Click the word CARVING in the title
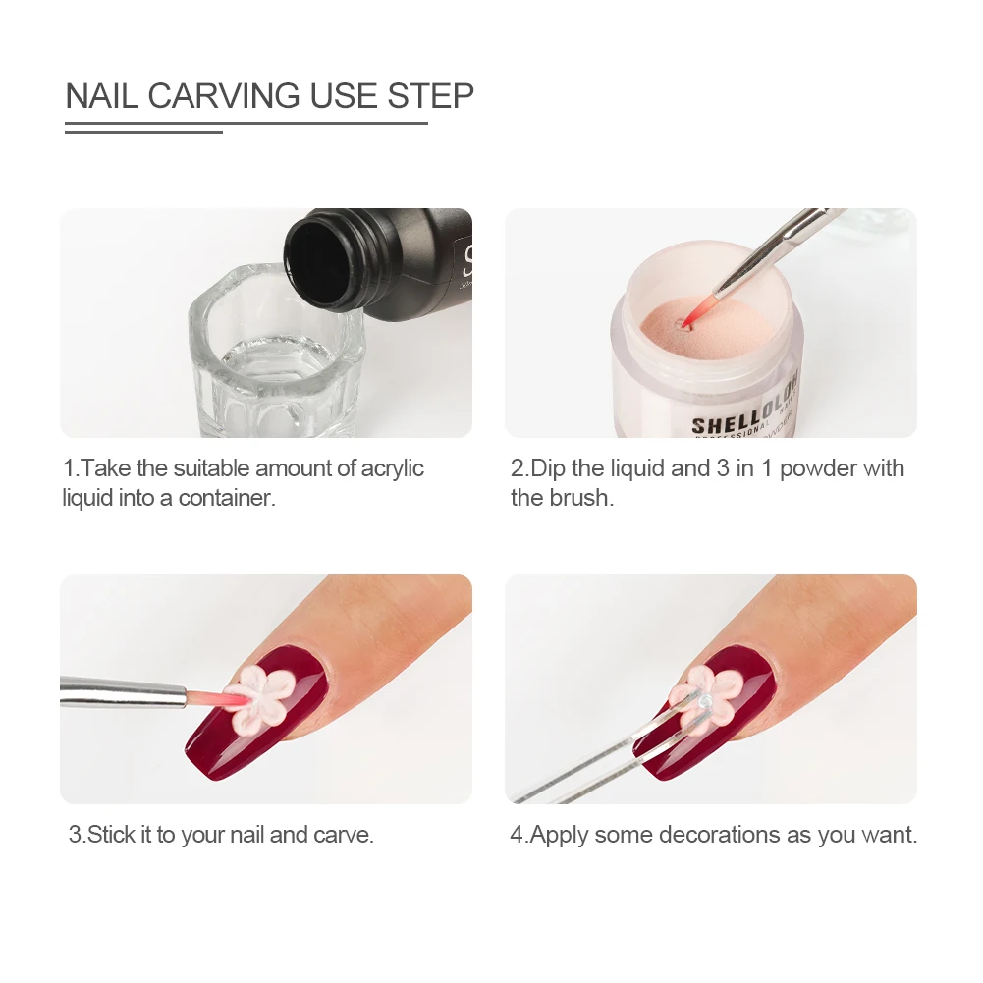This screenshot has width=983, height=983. (x=225, y=96)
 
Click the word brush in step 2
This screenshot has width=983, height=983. (x=579, y=498)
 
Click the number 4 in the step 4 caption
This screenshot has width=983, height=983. (x=516, y=836)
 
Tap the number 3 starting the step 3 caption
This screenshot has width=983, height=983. (x=74, y=836)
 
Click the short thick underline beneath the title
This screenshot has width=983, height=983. (x=143, y=131)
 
